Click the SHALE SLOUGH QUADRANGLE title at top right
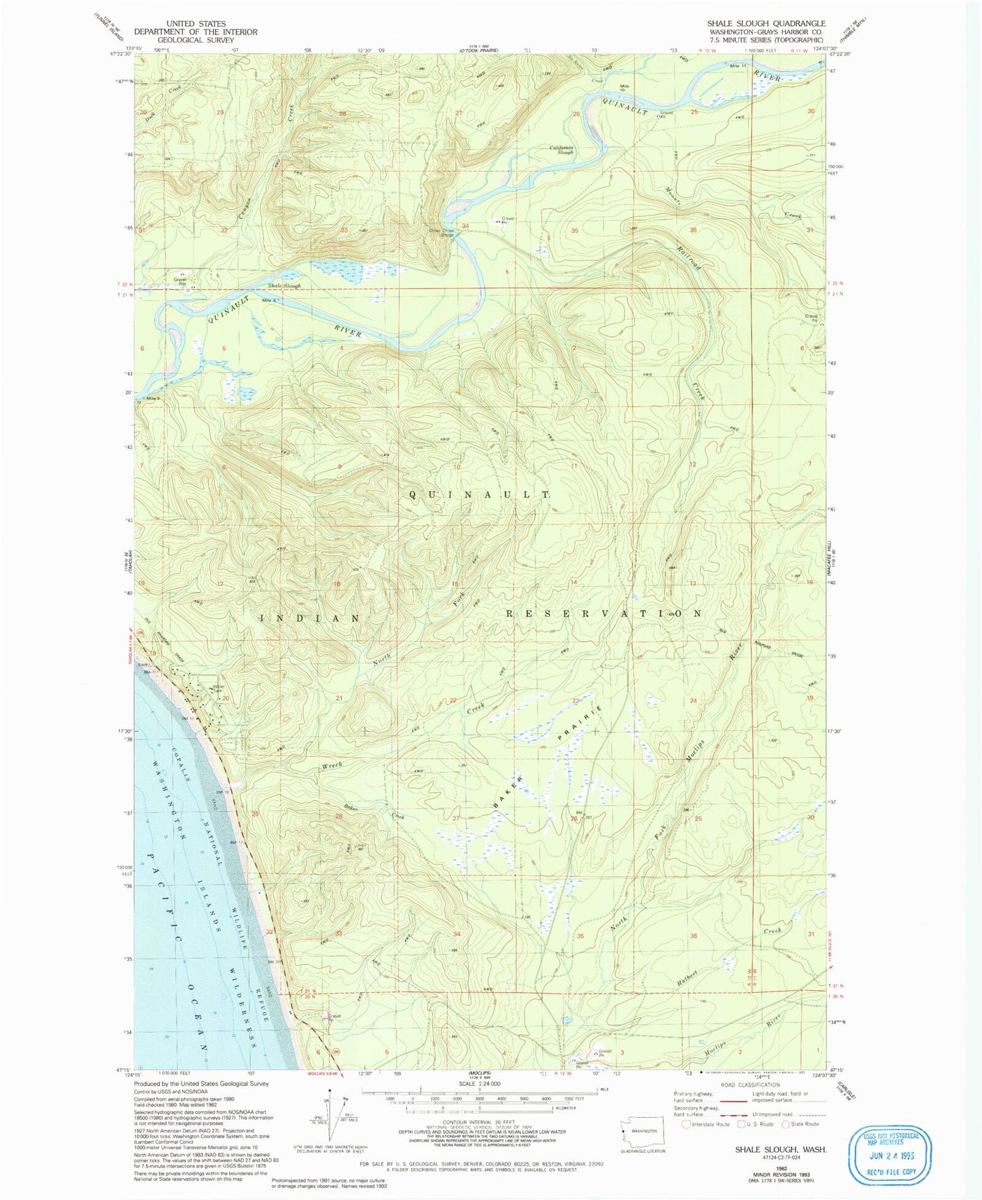click(766, 23)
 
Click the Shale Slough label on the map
click(284, 286)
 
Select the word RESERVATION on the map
click(603, 613)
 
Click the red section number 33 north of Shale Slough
click(344, 230)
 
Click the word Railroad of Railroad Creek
click(688, 257)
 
